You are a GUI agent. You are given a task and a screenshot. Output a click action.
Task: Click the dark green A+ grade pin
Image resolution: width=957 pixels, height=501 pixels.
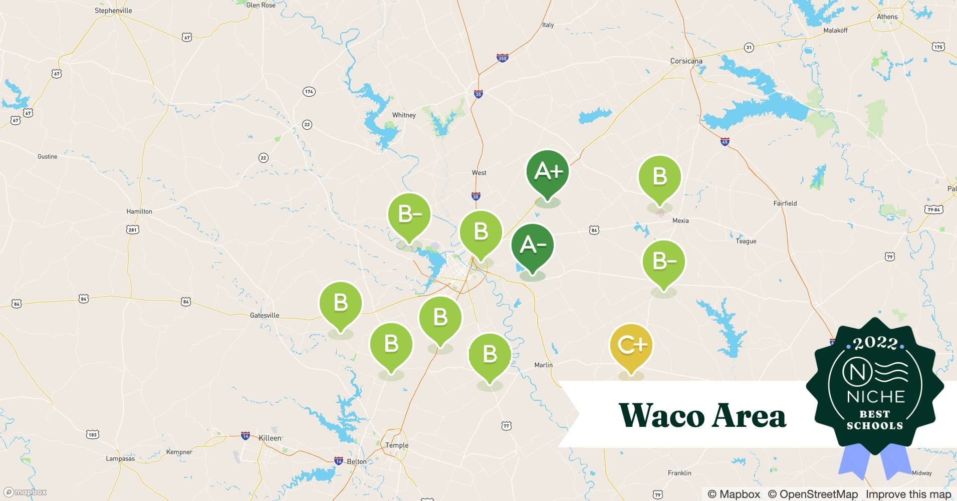(x=548, y=172)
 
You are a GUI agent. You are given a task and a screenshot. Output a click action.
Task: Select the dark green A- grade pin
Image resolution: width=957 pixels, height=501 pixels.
(x=532, y=245)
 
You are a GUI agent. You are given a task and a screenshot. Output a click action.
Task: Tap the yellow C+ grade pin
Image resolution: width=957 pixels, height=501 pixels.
(x=631, y=345)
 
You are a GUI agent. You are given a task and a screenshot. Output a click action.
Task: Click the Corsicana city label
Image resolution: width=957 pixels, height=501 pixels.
(x=686, y=61)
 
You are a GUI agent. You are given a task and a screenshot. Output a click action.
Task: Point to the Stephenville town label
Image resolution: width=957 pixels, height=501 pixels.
(x=113, y=11)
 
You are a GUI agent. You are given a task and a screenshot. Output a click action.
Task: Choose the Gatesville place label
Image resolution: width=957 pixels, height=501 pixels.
(x=264, y=315)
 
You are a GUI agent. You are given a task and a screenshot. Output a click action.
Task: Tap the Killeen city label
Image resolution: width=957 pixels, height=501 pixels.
(x=270, y=438)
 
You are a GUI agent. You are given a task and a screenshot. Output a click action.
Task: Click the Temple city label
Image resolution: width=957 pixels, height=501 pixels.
(x=396, y=445)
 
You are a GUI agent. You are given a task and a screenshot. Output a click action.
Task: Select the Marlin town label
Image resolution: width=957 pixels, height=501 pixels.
(x=543, y=365)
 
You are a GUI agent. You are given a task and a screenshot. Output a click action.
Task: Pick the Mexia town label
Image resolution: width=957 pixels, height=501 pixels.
(x=680, y=220)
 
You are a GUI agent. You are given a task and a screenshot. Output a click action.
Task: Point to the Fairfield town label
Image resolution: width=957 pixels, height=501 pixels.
(x=785, y=203)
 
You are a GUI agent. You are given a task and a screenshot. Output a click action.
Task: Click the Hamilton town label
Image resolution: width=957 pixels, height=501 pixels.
(x=139, y=211)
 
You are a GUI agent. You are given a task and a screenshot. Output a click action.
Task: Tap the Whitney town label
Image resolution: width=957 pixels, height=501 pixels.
(x=404, y=115)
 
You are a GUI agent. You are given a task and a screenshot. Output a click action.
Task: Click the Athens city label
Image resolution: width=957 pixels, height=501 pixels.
(x=887, y=17)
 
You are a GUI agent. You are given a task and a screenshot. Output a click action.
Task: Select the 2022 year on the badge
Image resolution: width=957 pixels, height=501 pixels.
(x=875, y=343)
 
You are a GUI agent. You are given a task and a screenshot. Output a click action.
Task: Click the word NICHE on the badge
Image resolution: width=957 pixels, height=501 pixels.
(x=875, y=397)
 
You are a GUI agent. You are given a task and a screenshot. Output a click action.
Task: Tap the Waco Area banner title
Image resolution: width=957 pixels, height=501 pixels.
(x=702, y=415)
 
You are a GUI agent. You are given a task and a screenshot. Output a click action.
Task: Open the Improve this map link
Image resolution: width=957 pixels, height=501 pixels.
(x=908, y=494)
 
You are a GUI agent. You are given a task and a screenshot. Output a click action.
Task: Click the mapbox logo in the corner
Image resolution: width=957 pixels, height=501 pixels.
(x=26, y=492)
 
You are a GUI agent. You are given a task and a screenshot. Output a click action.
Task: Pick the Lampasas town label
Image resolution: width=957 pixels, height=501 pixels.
(x=120, y=458)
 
